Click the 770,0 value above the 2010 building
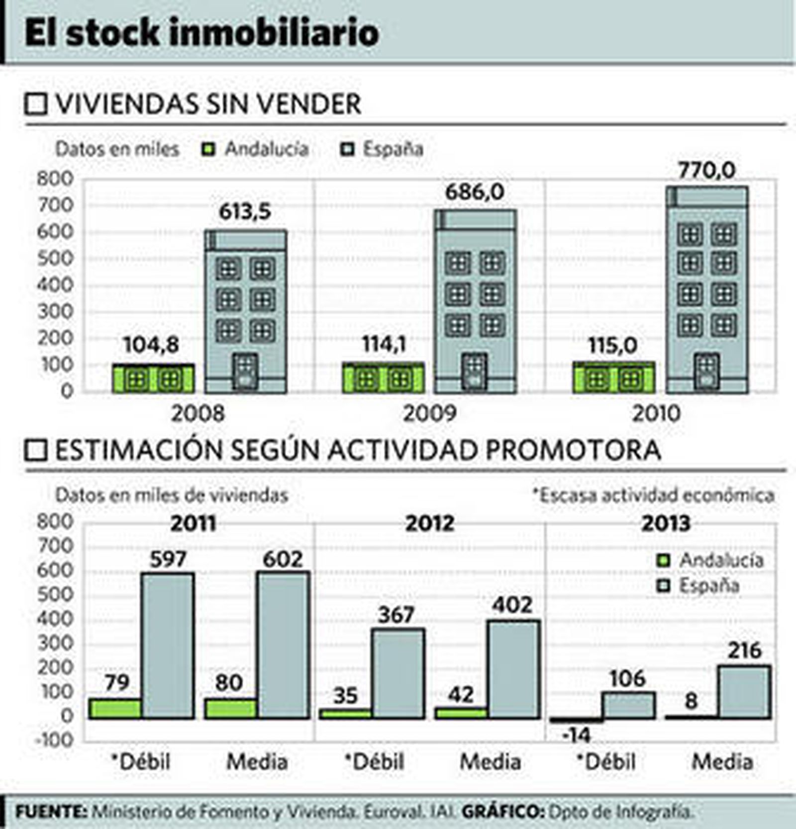pos(706,171)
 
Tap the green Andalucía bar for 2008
pos(153,379)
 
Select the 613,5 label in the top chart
pos(245,211)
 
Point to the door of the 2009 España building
pos(474,372)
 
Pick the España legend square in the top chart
pos(348,149)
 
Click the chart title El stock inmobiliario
pos(201,33)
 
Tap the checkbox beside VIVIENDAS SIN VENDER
pos(36,104)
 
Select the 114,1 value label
pos(384,344)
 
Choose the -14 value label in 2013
pos(577,735)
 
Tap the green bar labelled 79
pos(115,709)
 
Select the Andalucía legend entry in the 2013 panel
pos(711,560)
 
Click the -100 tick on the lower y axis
pos(55,740)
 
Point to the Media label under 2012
pos(490,762)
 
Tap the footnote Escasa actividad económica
pos(653,495)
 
